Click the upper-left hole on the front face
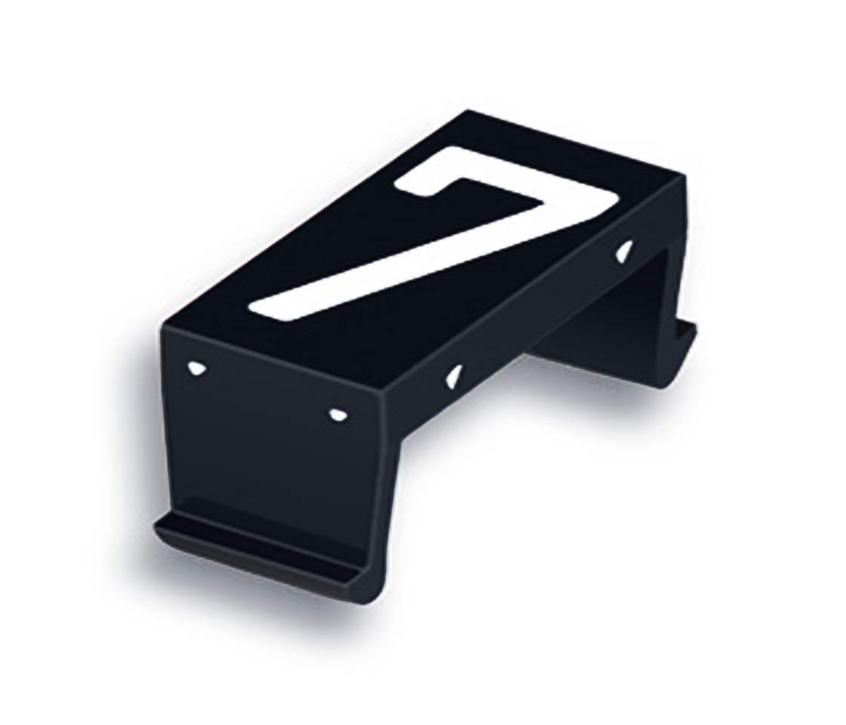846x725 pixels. (x=196, y=368)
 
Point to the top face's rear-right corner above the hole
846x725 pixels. (x=684, y=177)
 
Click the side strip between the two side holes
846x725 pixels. (x=540, y=313)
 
